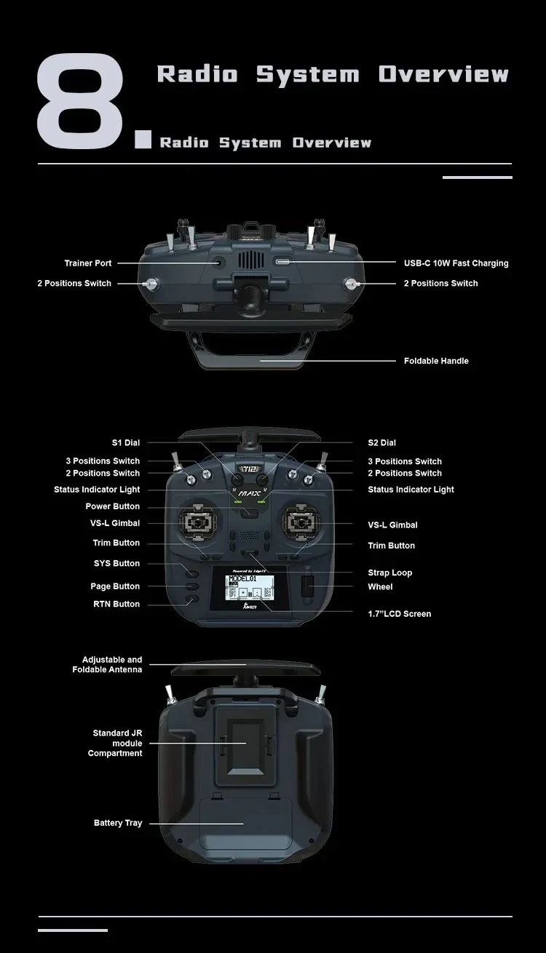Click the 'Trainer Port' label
click(x=88, y=263)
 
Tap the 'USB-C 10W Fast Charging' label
click(x=456, y=263)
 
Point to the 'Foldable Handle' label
click(x=436, y=361)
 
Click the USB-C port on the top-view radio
click(x=282, y=261)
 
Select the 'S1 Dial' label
click(x=125, y=442)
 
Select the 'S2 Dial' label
click(x=381, y=442)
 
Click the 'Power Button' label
click(x=112, y=506)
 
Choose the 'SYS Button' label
click(x=116, y=563)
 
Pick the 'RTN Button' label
click(x=116, y=604)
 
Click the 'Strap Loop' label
click(x=389, y=573)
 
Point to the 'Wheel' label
click(x=380, y=586)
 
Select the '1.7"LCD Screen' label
click(x=399, y=614)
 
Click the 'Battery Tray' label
click(x=118, y=823)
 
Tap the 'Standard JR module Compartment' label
click(x=116, y=743)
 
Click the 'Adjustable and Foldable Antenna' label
click(x=107, y=664)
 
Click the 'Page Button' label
click(x=115, y=586)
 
